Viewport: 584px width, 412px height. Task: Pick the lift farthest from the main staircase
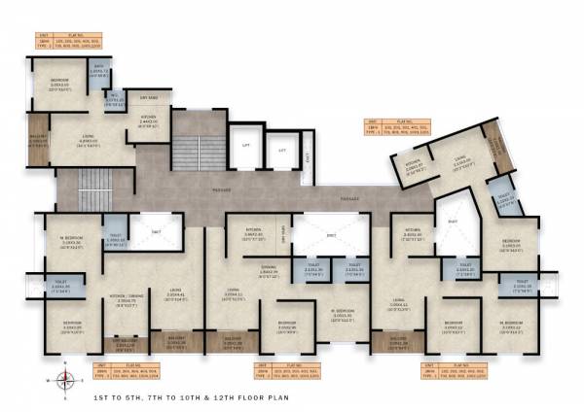click(282, 153)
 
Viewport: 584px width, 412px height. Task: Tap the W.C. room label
click(113, 99)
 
